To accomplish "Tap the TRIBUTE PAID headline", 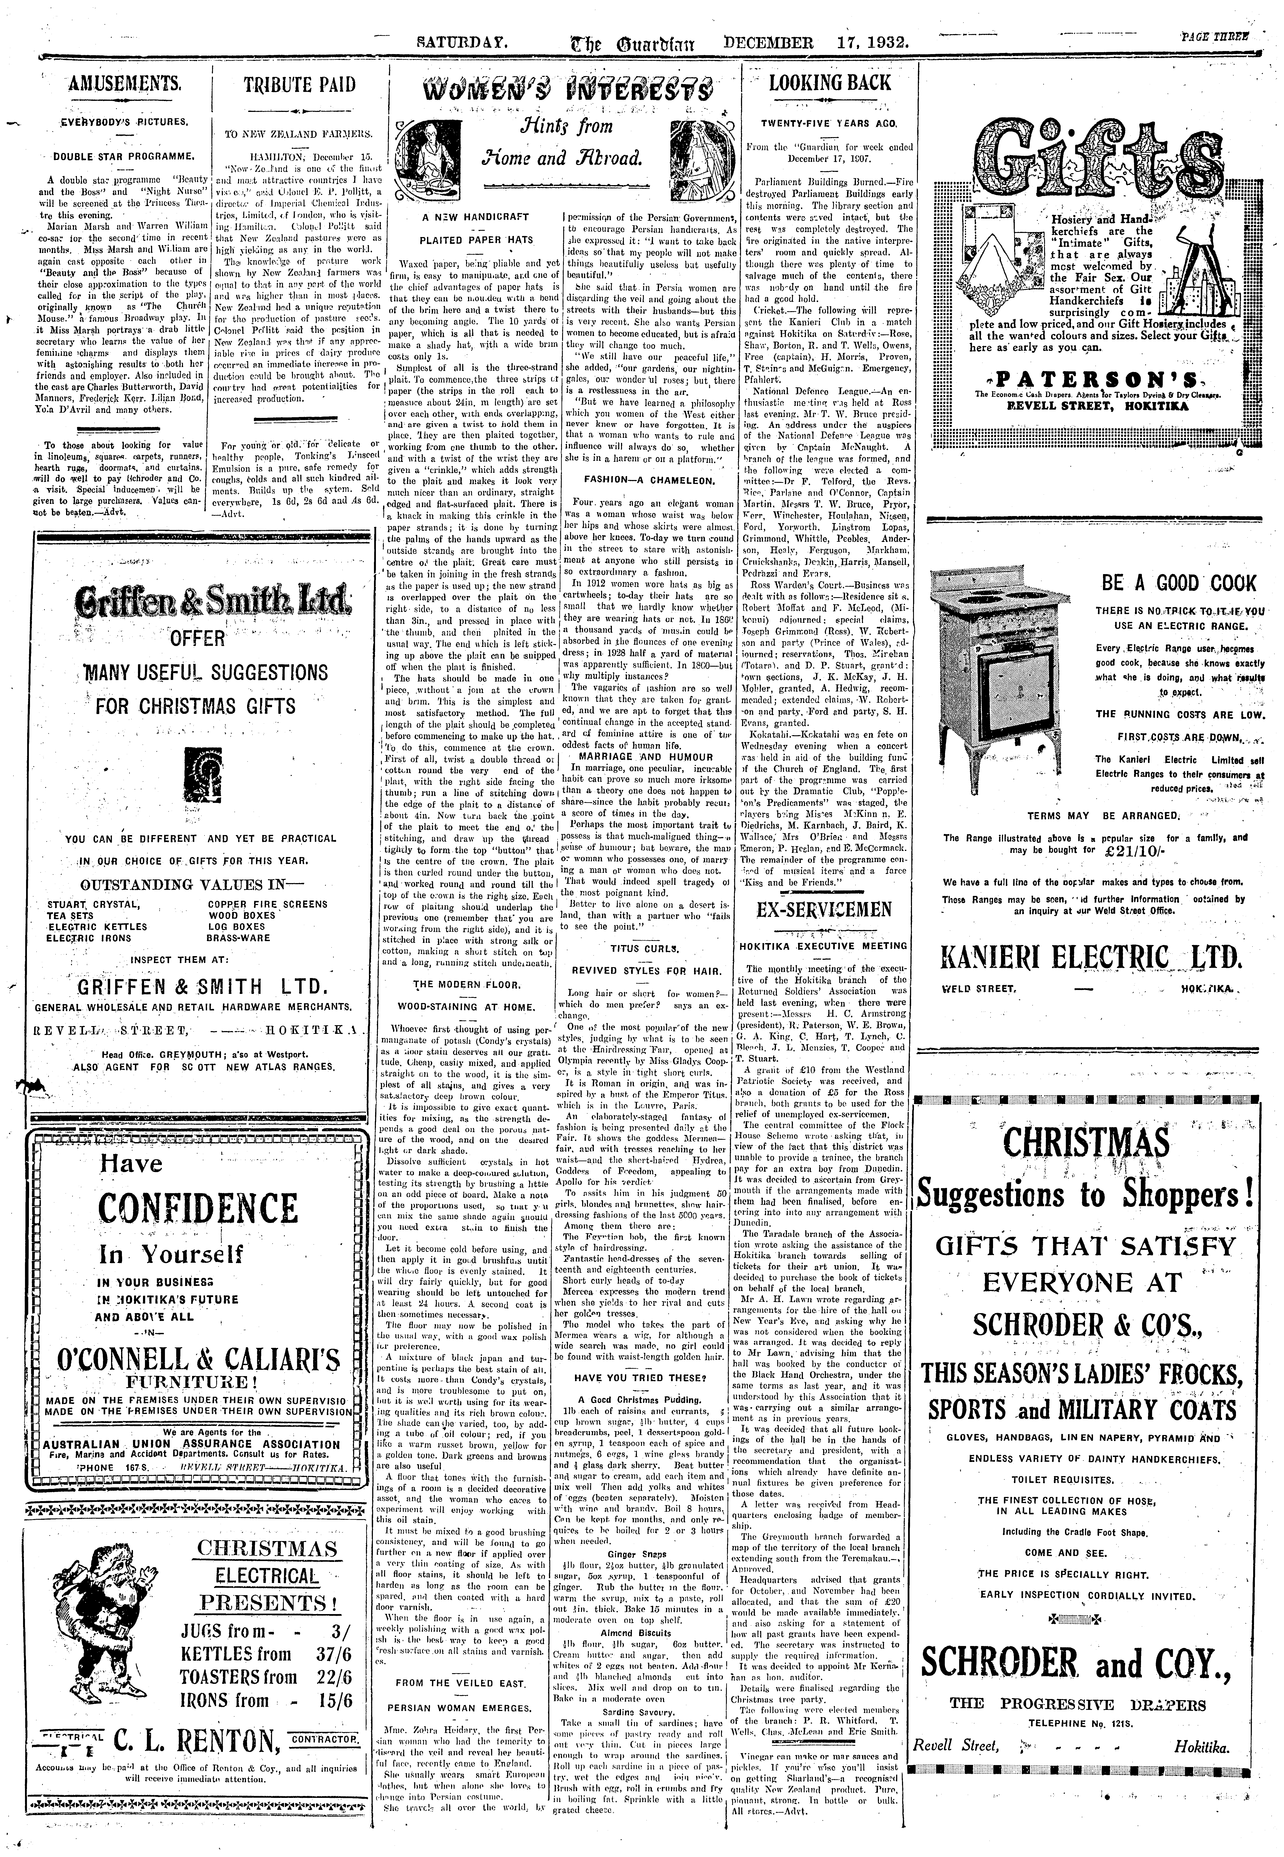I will coord(299,85).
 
